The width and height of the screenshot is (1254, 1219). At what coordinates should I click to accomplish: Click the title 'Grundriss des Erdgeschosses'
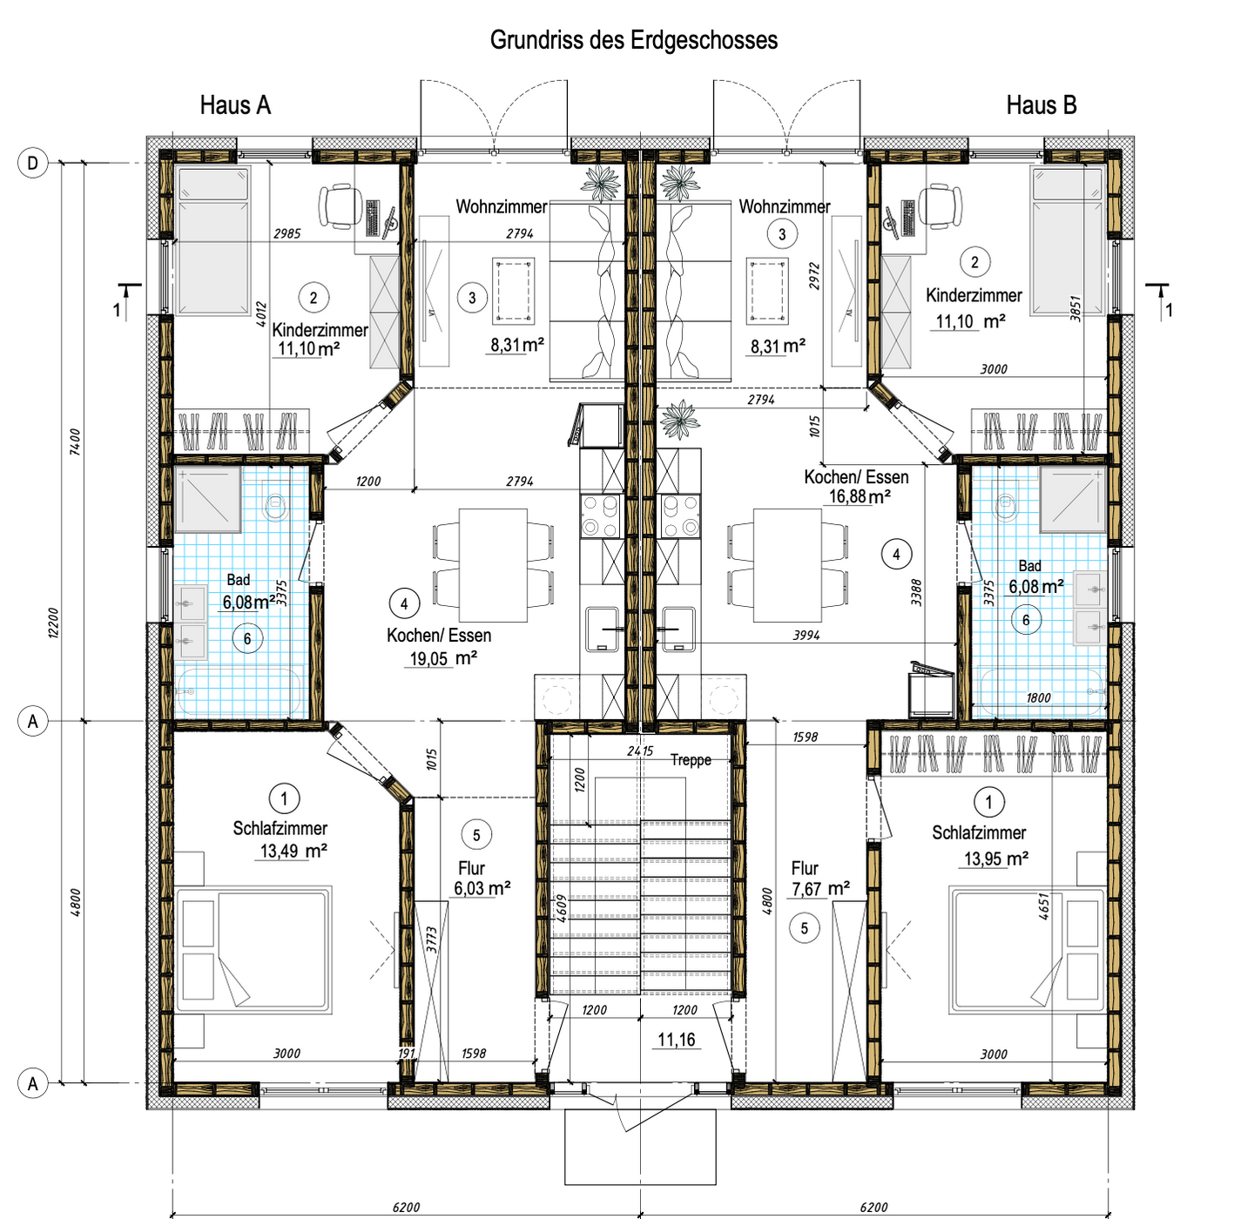point(633,40)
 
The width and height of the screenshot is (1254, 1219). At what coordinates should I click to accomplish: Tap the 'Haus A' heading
point(235,105)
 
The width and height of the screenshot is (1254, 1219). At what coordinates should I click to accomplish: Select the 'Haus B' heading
point(1042,105)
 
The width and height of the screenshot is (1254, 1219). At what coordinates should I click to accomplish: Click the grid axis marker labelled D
point(33,163)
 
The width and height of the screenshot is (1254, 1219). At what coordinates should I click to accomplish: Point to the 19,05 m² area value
point(443,658)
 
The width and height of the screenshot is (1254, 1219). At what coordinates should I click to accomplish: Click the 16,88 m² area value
point(860,497)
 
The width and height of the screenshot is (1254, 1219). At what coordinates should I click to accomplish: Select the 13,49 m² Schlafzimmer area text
point(293,851)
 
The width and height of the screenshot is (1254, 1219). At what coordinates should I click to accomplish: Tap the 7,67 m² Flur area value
point(820,888)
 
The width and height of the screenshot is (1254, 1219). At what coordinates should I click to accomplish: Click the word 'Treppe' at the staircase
point(691,759)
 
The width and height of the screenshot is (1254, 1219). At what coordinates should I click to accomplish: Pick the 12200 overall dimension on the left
point(53,623)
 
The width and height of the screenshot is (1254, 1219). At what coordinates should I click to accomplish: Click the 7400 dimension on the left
point(76,442)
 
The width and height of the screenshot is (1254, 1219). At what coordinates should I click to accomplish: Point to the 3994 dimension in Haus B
point(806,636)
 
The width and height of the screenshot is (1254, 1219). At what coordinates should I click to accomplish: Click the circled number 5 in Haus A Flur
point(476,835)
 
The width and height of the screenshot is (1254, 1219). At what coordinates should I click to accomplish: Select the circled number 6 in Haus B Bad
point(1026,620)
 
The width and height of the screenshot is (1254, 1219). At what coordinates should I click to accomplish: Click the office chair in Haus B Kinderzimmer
point(940,206)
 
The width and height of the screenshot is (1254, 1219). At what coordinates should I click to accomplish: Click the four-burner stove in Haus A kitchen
point(601,516)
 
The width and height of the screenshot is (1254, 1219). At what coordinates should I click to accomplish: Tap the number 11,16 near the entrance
point(677,1040)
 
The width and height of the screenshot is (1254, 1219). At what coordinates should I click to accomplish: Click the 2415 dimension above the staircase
point(640,751)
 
